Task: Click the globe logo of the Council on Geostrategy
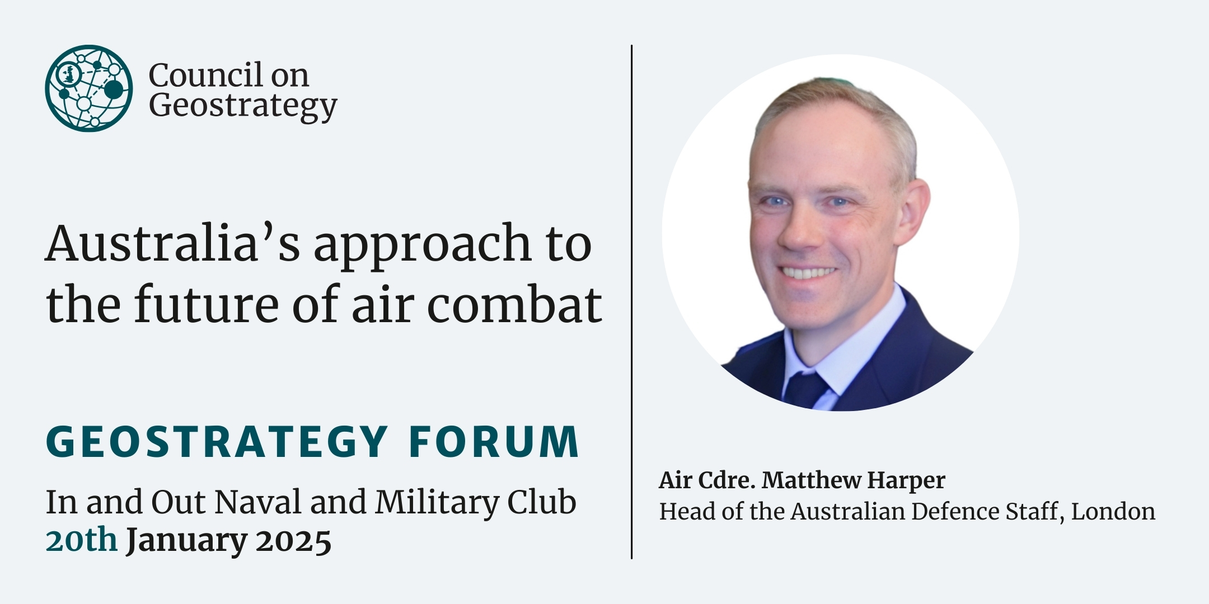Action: coord(89,88)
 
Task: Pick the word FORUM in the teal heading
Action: coord(494,442)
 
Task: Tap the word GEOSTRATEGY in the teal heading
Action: coord(217,442)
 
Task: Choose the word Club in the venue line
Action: coord(542,502)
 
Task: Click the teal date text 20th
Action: coord(82,540)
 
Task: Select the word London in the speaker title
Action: coord(1113,511)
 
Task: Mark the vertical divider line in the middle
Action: coord(632,302)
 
